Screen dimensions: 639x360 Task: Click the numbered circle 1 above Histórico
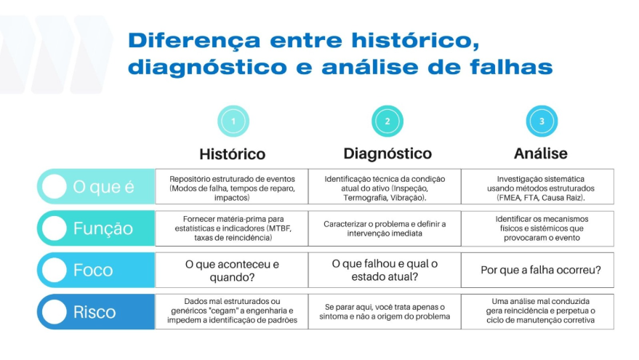tap(233, 121)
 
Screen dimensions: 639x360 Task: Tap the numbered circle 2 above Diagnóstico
tap(387, 121)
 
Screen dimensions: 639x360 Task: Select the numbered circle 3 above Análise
tap(542, 121)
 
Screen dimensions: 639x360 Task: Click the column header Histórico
tap(233, 154)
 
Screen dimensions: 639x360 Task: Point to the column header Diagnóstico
tap(387, 153)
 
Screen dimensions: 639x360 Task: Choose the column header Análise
tap(541, 153)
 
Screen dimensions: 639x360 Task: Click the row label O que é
tap(103, 187)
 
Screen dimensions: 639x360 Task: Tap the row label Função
tap(103, 228)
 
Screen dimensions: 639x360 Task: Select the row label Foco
tap(93, 270)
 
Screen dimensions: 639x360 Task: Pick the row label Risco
tap(95, 312)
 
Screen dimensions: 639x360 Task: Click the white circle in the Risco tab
tap(55, 312)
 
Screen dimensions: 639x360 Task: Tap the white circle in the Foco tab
tap(55, 270)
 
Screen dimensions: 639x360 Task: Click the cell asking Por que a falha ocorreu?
tap(537, 270)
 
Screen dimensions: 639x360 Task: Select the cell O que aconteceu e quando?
tap(231, 270)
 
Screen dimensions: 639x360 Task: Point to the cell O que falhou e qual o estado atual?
tap(385, 270)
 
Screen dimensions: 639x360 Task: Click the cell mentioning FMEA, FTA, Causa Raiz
tap(537, 187)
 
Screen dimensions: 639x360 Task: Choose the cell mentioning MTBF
tap(231, 228)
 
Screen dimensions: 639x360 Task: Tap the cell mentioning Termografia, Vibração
tap(385, 187)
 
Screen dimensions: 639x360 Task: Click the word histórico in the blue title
tap(416, 41)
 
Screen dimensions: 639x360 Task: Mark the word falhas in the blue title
tap(511, 67)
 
